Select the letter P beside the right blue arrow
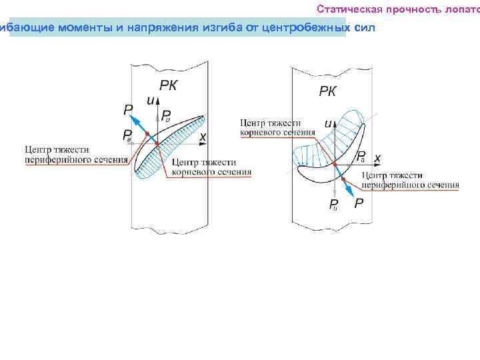coord(359,203)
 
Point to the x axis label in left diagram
coord(203,136)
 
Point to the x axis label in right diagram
coord(377,158)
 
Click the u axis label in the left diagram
coord(151,99)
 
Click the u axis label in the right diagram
coord(327,123)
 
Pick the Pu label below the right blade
coord(333,204)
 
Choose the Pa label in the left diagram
coord(127,135)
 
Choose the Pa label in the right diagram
coord(361,157)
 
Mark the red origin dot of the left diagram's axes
coord(156,143)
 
